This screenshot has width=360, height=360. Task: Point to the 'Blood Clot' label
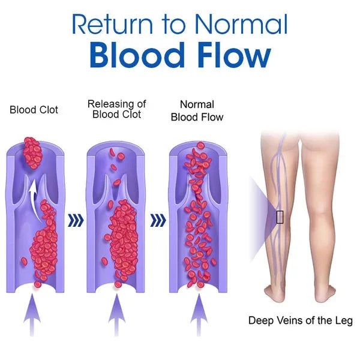pos(34,110)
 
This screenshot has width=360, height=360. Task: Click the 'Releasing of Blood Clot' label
pos(116,109)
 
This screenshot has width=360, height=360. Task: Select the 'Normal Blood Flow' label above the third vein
pos(197,111)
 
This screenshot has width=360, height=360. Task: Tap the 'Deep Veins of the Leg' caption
pos(301,320)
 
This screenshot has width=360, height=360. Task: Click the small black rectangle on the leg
pos(280,217)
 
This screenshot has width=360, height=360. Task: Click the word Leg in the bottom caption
pos(343,322)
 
